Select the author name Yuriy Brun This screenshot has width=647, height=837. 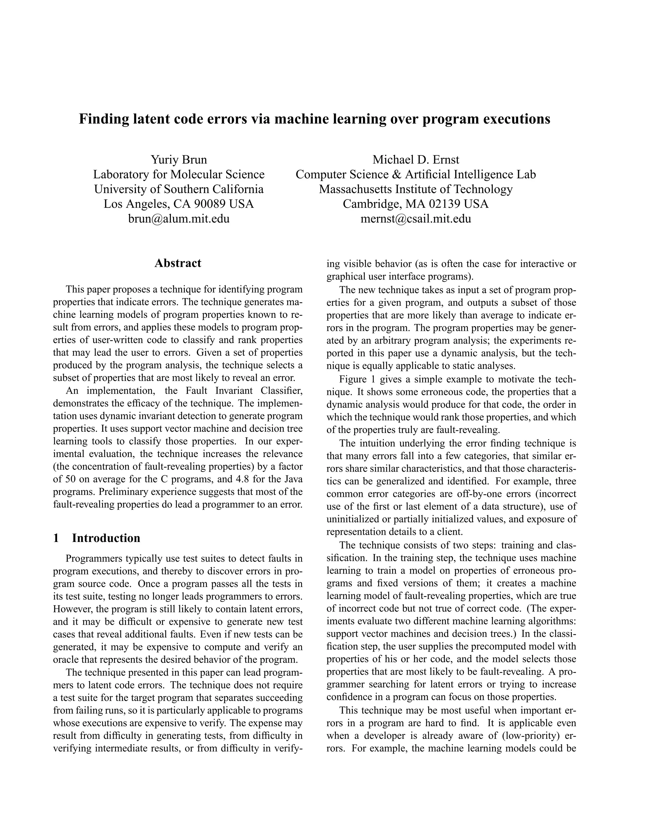[x=178, y=160]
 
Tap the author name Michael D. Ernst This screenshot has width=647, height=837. [x=416, y=160]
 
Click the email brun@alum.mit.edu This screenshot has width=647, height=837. [x=178, y=219]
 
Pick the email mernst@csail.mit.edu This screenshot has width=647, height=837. [x=416, y=219]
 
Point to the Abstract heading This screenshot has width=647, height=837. [x=178, y=263]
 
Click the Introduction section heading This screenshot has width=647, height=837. [x=106, y=538]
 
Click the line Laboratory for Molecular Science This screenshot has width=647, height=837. [x=178, y=174]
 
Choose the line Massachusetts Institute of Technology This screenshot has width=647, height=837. [x=416, y=189]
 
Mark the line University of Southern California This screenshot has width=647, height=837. [x=178, y=189]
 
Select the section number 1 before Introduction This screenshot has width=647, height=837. [x=56, y=538]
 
